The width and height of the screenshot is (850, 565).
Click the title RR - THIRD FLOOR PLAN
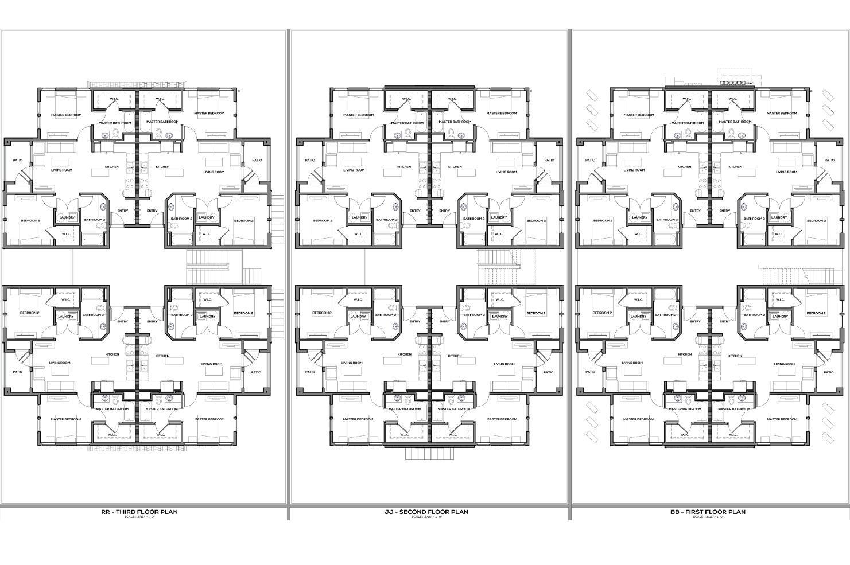(139, 512)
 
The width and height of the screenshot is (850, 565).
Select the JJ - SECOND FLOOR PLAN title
(426, 512)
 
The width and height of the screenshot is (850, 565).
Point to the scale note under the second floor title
(426, 517)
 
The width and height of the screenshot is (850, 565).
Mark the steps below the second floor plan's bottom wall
(429, 453)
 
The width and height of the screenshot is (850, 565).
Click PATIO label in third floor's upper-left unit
(18, 160)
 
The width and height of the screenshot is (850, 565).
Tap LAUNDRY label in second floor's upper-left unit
(359, 217)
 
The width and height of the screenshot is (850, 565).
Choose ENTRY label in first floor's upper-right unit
(725, 211)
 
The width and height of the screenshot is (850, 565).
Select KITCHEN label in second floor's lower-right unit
(455, 356)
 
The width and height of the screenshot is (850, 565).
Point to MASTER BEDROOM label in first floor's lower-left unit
(638, 419)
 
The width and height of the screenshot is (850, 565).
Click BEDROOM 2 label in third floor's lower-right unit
(243, 313)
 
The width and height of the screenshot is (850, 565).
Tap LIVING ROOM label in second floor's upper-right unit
(506, 171)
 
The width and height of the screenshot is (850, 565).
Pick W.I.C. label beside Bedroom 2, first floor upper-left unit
(638, 233)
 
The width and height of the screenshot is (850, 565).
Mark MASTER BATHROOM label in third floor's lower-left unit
(112, 409)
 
